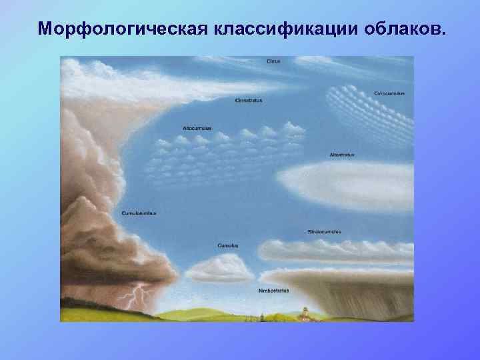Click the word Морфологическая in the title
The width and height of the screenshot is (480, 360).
point(124,29)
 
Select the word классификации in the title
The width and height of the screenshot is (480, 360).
point(284,29)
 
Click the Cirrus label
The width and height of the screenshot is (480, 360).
point(273,61)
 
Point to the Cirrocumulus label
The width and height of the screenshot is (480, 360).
point(389,93)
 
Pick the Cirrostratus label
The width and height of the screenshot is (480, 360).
point(249,100)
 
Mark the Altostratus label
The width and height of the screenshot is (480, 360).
point(342,155)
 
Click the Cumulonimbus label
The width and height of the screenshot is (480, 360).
point(139,213)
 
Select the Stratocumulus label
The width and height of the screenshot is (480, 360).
point(324,231)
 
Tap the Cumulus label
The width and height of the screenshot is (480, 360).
point(228,245)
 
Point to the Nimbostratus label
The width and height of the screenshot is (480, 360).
point(273,291)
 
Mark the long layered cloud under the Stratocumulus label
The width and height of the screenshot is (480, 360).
point(333,251)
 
